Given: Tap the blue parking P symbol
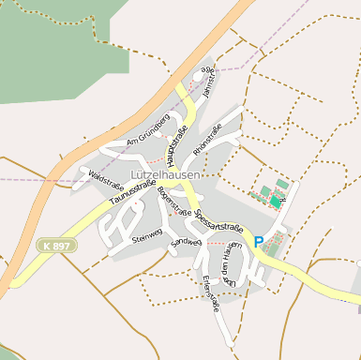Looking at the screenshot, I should (x=259, y=241).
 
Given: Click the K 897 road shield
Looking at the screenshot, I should (x=55, y=245).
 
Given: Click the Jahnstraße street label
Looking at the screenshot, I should (x=209, y=85).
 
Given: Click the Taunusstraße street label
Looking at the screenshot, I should (x=132, y=192).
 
